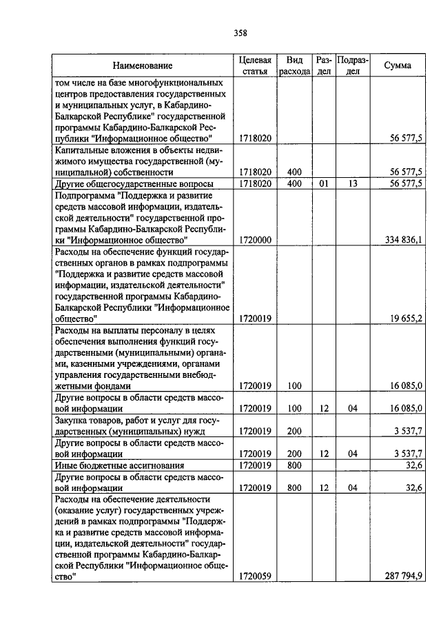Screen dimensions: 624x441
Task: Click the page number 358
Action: (x=240, y=32)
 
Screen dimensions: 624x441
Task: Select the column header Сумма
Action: (x=398, y=66)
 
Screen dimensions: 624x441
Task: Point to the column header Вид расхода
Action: (x=294, y=66)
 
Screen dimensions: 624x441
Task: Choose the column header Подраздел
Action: (x=352, y=66)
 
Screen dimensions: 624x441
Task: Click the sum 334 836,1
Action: (x=400, y=240)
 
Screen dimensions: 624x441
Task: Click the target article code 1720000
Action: (x=254, y=240)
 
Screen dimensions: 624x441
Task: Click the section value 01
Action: (x=324, y=183)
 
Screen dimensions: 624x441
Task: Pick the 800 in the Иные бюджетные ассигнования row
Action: (x=294, y=466)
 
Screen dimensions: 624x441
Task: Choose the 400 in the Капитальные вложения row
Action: (x=294, y=172)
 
